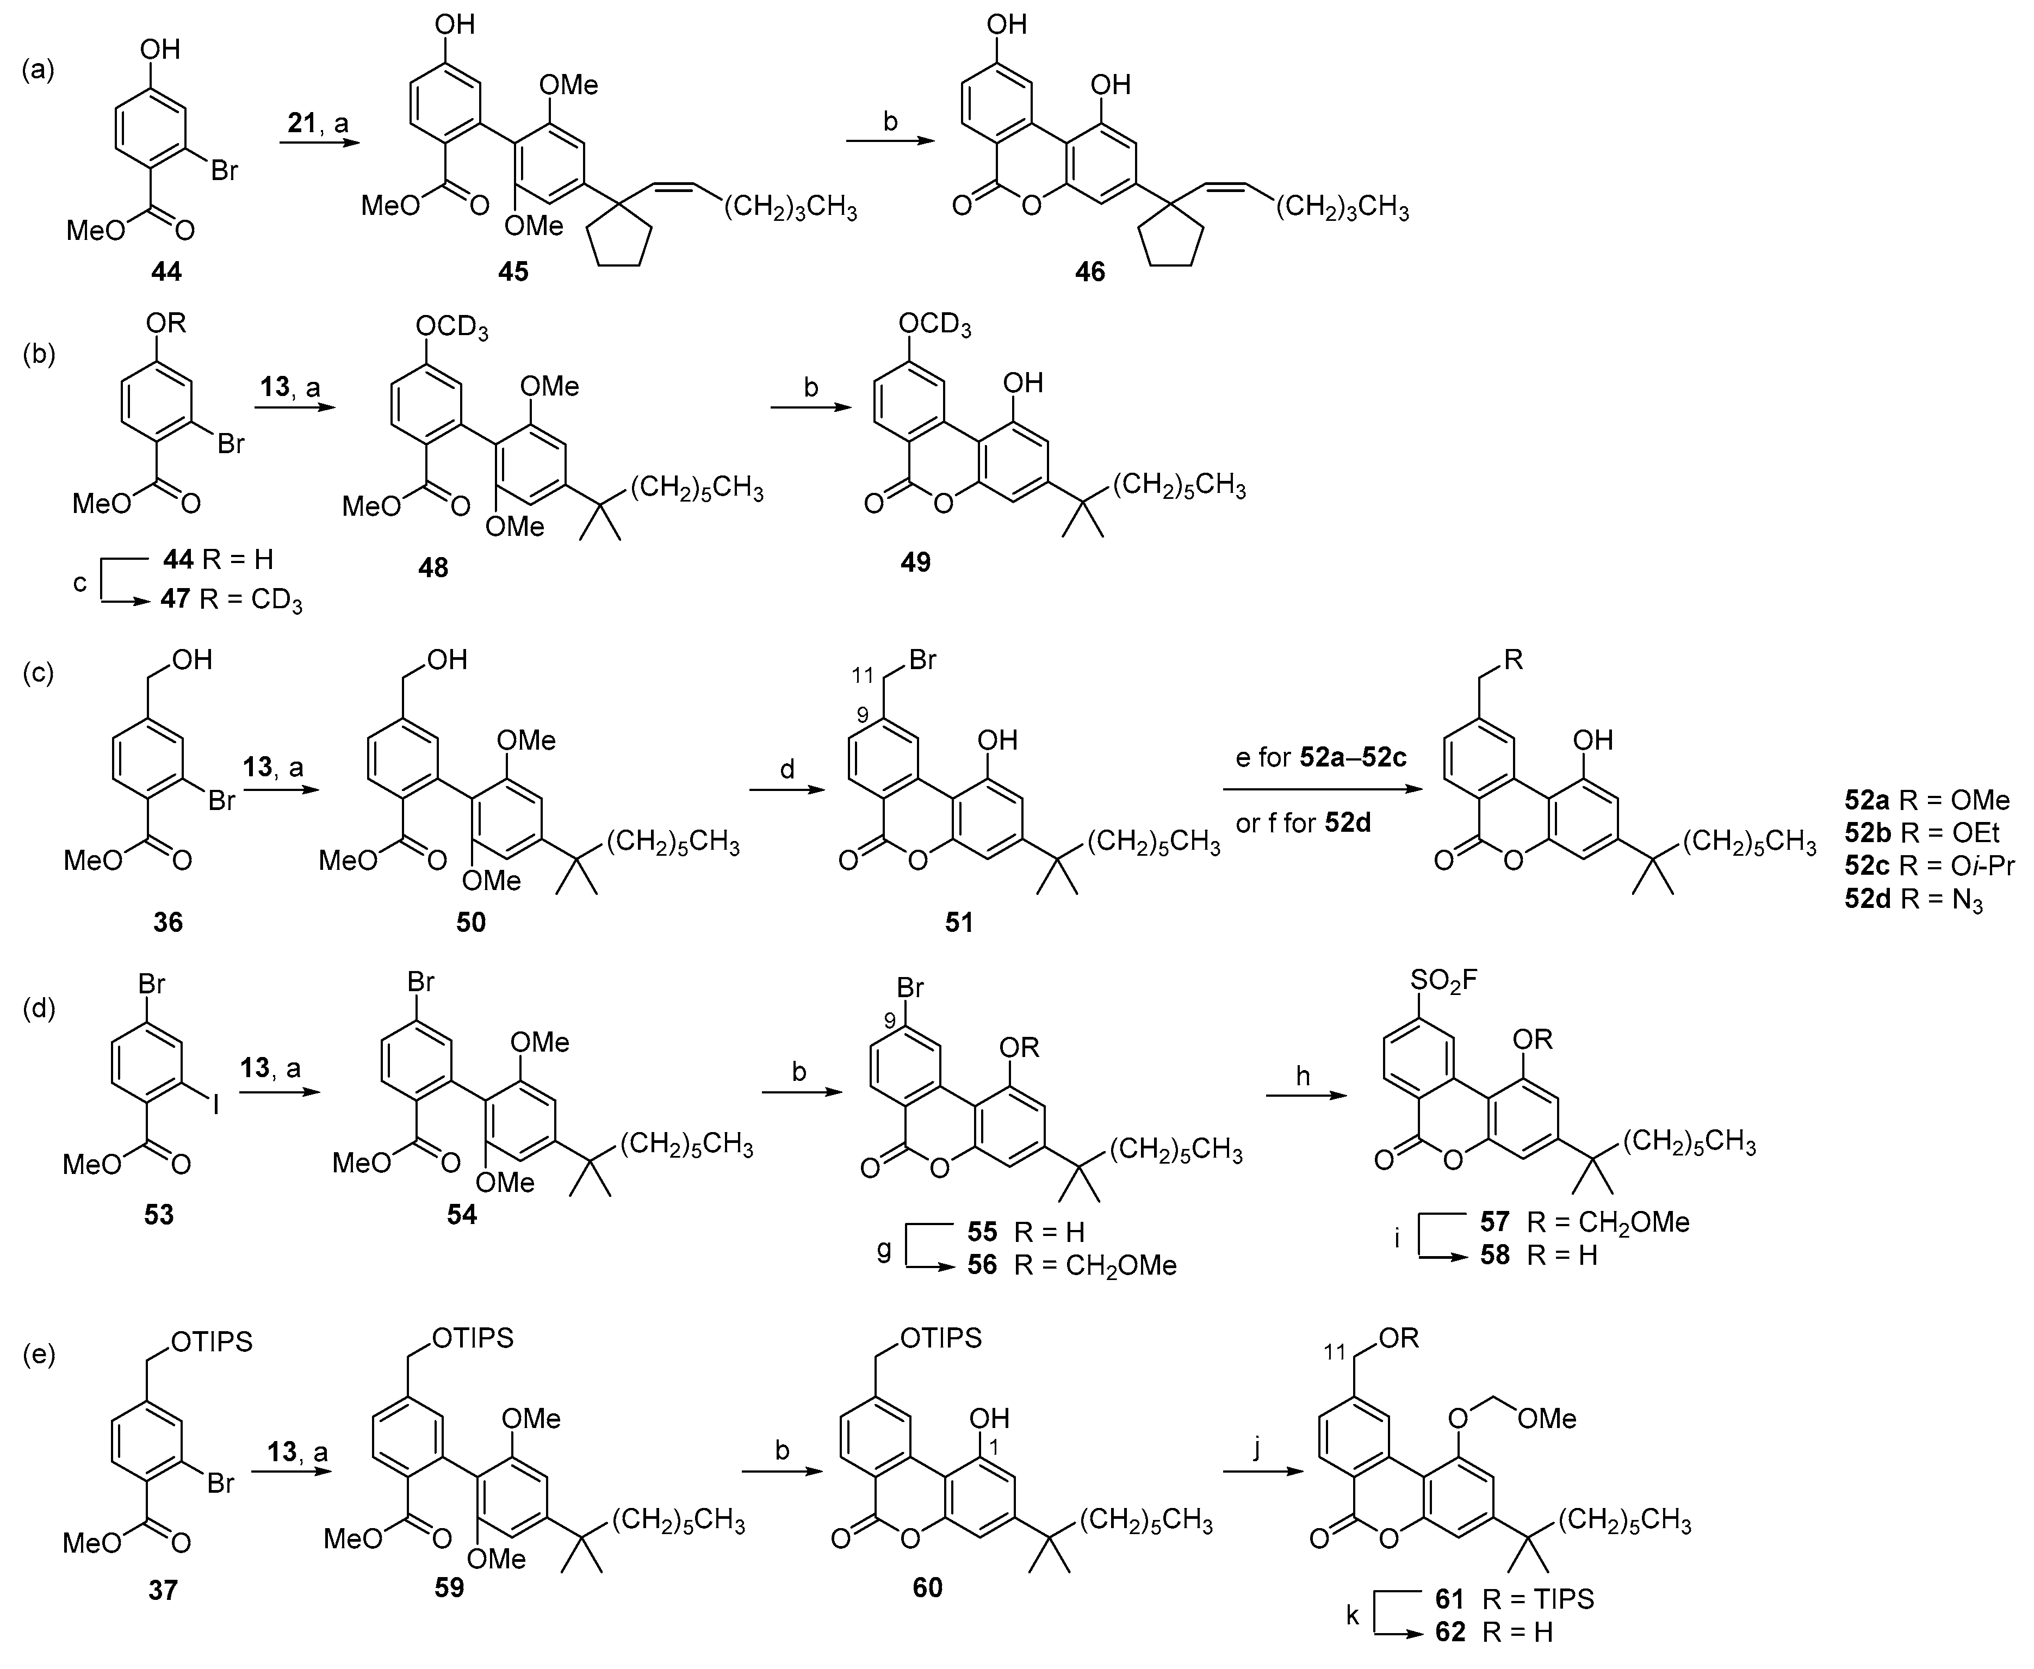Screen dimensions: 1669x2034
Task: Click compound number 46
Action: [1090, 272]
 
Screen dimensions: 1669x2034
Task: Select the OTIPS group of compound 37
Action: [213, 1341]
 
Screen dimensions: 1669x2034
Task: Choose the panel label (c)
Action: [39, 672]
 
